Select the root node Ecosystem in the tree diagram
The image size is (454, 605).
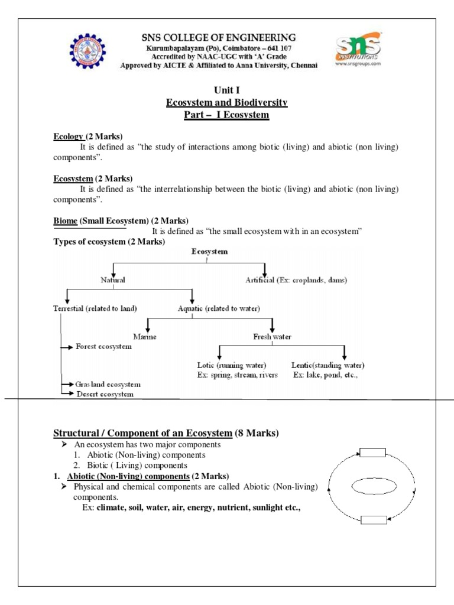pos(209,252)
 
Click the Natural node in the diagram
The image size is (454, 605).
pos(112,280)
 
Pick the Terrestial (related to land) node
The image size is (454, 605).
pos(95,308)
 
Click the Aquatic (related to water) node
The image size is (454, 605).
pos(219,308)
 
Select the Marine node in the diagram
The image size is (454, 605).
pos(145,337)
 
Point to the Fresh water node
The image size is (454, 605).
pos(273,337)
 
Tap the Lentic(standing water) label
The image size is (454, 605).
pos(327,365)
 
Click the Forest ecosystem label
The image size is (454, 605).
pos(103,347)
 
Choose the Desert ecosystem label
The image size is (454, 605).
pos(104,393)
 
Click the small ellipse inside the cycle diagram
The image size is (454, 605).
pos(372,486)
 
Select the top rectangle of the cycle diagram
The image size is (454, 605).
pos(372,453)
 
